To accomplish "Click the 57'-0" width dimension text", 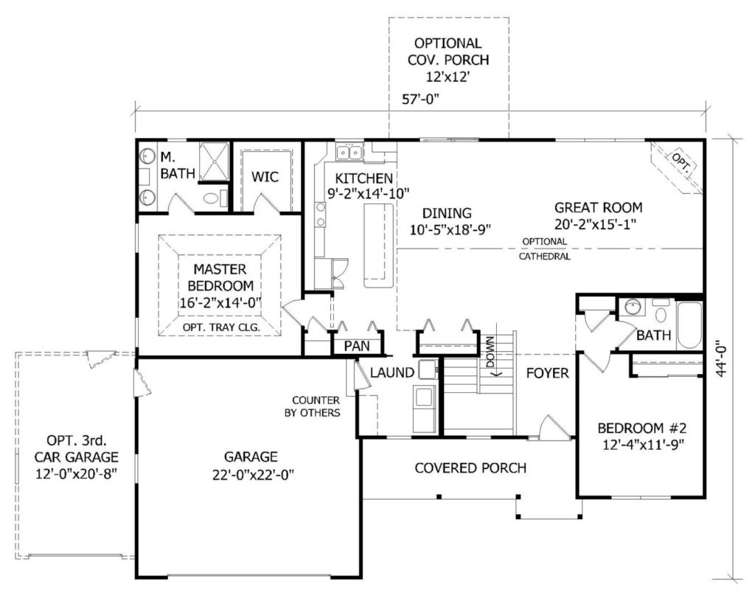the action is pyautogui.click(x=421, y=99).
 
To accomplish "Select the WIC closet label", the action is pyautogui.click(x=265, y=177).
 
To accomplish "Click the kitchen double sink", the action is pyautogui.click(x=349, y=152).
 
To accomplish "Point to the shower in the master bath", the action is pyautogui.click(x=213, y=161).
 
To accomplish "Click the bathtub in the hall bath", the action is pyautogui.click(x=689, y=324).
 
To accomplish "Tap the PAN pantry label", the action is pyautogui.click(x=357, y=346).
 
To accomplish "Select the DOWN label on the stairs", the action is pyautogui.click(x=490, y=352).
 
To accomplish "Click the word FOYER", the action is pyautogui.click(x=547, y=372).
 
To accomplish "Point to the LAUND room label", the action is pyautogui.click(x=392, y=372).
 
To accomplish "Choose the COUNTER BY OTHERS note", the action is pyautogui.click(x=313, y=406).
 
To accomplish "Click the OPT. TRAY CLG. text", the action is pyautogui.click(x=221, y=327).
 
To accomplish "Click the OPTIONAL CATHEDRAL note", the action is pyautogui.click(x=545, y=249).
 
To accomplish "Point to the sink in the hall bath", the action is pyautogui.click(x=633, y=306).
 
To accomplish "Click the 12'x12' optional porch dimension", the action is pyautogui.click(x=448, y=77).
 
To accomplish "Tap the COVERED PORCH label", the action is pyautogui.click(x=470, y=468).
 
